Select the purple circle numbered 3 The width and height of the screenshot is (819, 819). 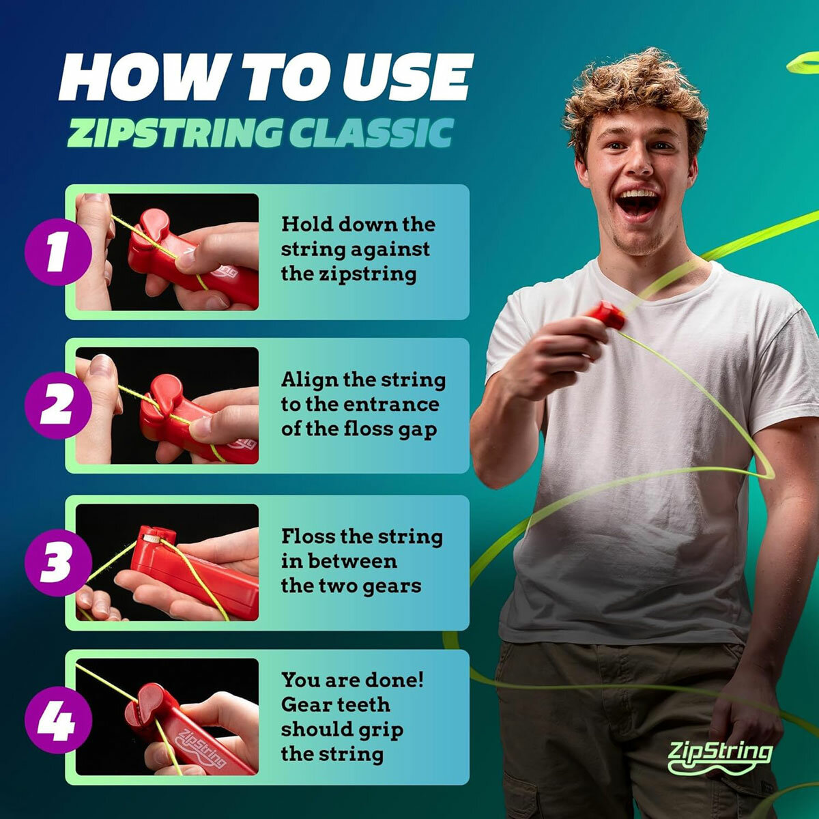coord(57,564)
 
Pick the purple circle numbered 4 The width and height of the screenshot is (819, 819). coord(57,720)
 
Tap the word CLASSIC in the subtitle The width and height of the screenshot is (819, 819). coord(371,132)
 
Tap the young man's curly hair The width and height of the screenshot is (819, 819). coord(635,89)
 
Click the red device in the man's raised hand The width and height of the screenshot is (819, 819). coord(605,315)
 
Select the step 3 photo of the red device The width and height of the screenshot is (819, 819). coord(167,563)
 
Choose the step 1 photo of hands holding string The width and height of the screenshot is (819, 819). coord(167,252)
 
